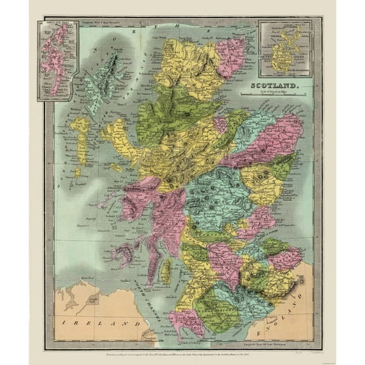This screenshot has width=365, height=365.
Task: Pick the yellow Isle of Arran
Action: (x=166, y=271)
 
